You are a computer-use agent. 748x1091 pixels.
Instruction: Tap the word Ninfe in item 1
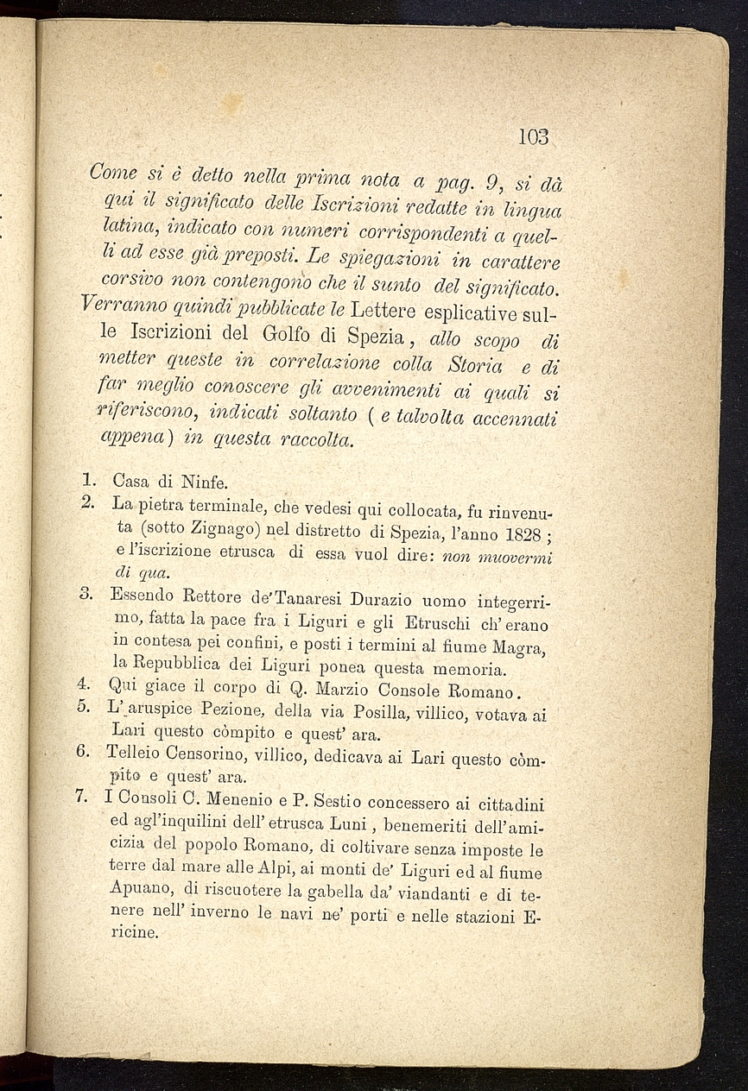tap(203, 482)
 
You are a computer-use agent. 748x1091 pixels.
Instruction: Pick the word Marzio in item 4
tap(339, 691)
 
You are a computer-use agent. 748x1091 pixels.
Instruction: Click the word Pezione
tap(232, 714)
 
